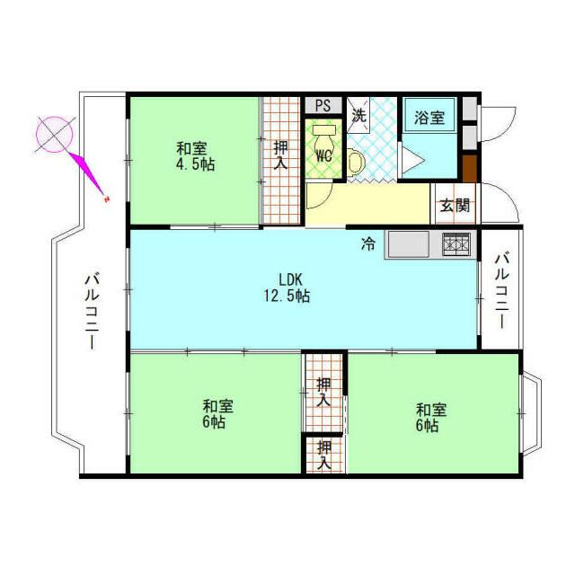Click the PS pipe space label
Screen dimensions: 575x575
click(x=323, y=106)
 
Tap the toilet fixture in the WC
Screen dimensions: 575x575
click(x=323, y=137)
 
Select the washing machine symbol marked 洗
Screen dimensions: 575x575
click(x=359, y=115)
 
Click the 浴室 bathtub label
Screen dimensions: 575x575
click(x=429, y=118)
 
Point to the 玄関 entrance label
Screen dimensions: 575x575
click(x=455, y=206)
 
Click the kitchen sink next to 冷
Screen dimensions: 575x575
click(x=409, y=244)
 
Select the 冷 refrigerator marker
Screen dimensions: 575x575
click(x=368, y=243)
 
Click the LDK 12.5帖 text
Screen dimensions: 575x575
click(x=287, y=287)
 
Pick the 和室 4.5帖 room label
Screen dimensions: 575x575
click(x=195, y=156)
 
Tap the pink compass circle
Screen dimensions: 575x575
click(x=54, y=135)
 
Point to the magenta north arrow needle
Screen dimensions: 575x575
click(x=88, y=173)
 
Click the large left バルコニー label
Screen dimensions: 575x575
click(x=92, y=311)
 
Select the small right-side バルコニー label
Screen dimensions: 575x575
click(x=502, y=289)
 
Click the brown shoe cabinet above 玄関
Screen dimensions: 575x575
click(x=469, y=168)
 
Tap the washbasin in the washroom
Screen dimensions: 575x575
click(x=356, y=161)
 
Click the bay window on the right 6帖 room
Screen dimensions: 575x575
click(x=531, y=413)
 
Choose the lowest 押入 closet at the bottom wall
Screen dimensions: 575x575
click(x=324, y=455)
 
